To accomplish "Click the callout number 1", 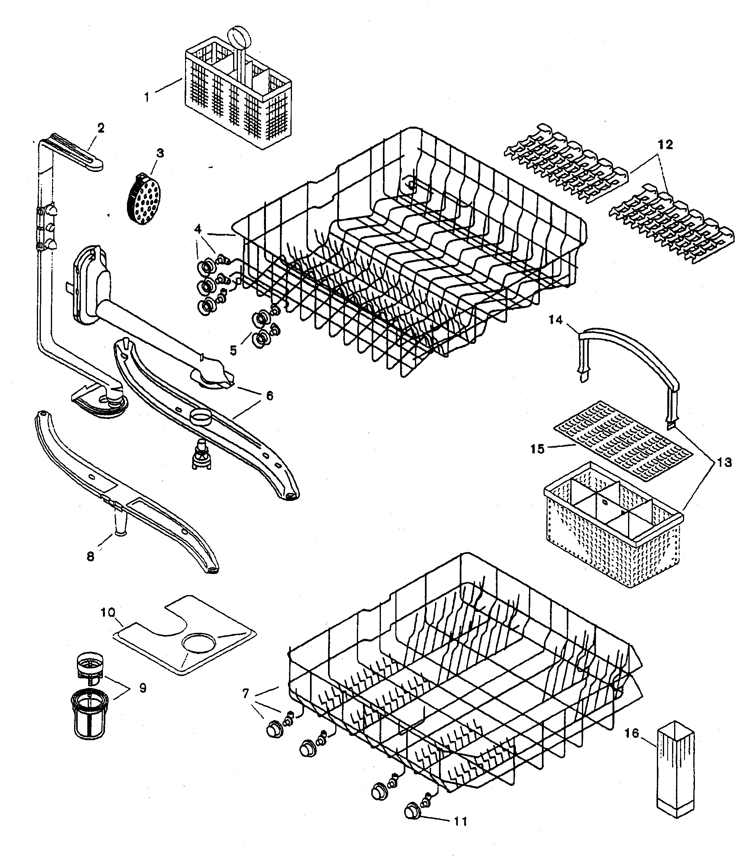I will pyautogui.click(x=147, y=97).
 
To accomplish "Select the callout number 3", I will pyautogui.click(x=160, y=153).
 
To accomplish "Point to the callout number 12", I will pyautogui.click(x=665, y=144).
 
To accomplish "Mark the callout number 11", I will pyautogui.click(x=461, y=821).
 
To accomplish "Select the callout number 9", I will pyautogui.click(x=143, y=688).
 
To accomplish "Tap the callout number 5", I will pyautogui.click(x=233, y=350).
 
